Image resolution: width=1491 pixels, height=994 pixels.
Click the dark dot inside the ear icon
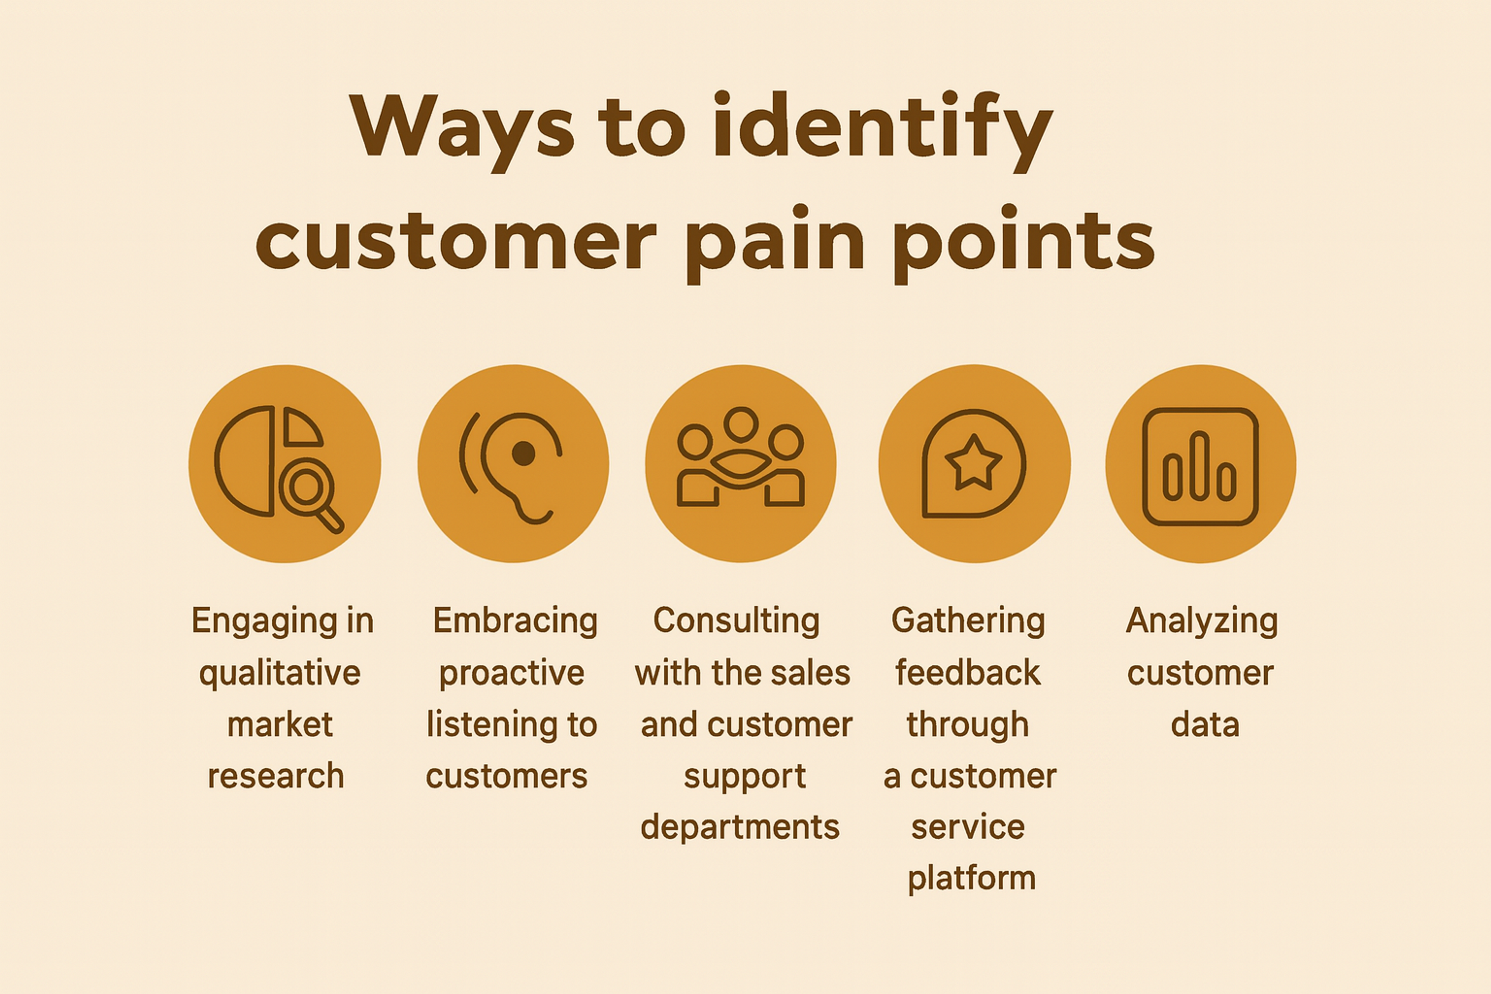coord(524,453)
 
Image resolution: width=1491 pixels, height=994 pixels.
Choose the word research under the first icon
coord(276,776)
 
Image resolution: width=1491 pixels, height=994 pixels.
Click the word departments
coord(740,827)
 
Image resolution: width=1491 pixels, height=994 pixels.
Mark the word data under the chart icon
coord(1204,724)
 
